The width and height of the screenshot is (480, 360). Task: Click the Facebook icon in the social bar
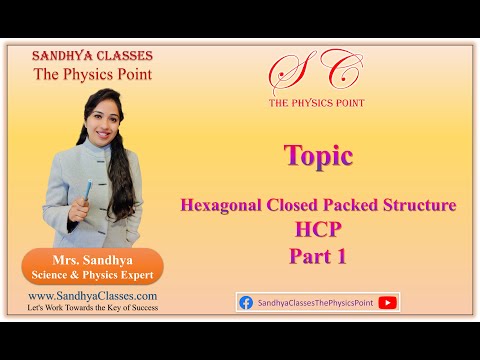[x=246, y=302]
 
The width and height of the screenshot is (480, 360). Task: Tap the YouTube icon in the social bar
[x=388, y=302]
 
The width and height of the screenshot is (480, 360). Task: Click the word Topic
[x=317, y=156]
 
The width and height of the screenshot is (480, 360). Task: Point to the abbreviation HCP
[x=318, y=230]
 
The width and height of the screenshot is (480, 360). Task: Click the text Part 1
[x=318, y=256]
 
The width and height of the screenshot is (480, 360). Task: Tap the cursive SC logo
[x=316, y=76]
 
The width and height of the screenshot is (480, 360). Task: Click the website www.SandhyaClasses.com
[x=92, y=296]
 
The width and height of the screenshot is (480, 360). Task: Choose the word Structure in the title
[x=419, y=205]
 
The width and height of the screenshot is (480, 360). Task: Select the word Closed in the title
[x=294, y=205]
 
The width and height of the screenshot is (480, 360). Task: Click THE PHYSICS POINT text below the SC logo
[x=317, y=103]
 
